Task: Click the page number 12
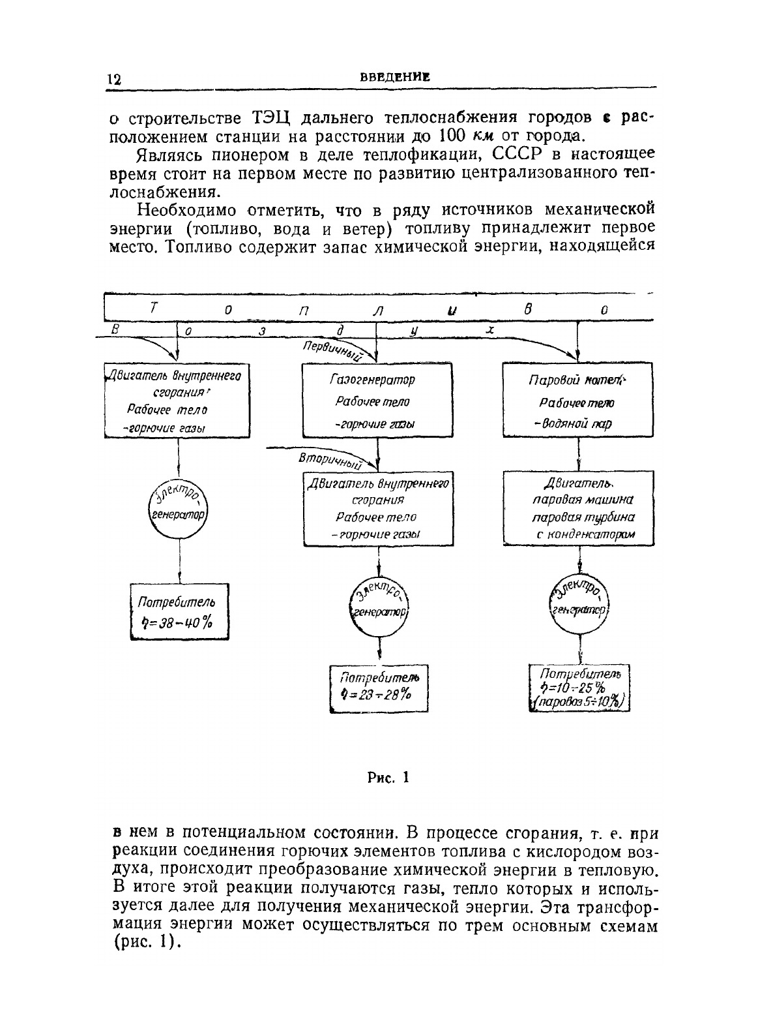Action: (113, 80)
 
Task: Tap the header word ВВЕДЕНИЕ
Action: (395, 77)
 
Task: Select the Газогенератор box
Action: (377, 401)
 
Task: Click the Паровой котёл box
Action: (577, 401)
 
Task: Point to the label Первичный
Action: (332, 350)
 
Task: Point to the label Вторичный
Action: (330, 460)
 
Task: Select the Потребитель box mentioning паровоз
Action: (579, 687)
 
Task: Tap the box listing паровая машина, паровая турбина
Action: (579, 508)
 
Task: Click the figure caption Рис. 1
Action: (387, 777)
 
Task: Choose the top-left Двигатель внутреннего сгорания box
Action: (178, 401)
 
